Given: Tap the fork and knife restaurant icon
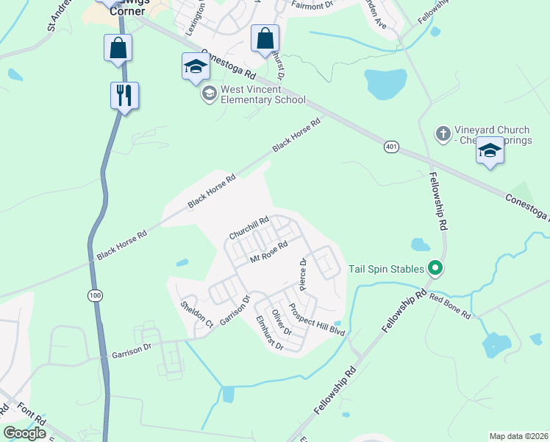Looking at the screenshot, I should point(124,95).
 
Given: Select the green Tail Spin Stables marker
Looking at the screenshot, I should point(435,268).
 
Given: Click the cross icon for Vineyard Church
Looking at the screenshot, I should point(443,133).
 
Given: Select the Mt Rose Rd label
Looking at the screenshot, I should point(268,251).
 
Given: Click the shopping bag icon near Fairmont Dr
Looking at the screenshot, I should point(265,38).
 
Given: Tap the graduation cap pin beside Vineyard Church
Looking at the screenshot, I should point(490,152).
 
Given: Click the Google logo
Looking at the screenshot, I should point(25,433).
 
